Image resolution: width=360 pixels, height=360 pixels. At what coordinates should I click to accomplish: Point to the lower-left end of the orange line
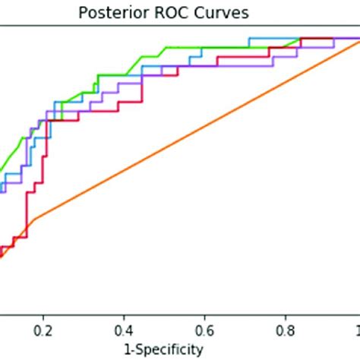click(x=3, y=256)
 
